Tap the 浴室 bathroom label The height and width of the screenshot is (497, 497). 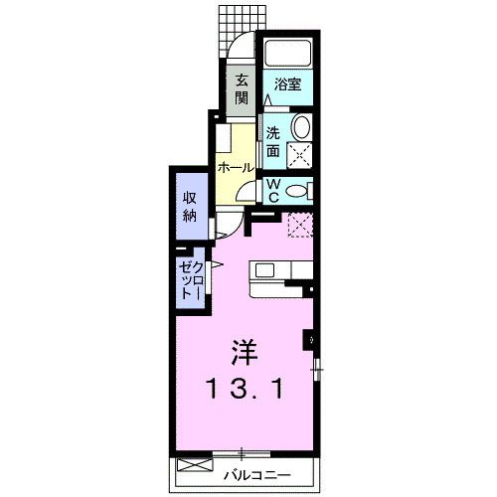click(x=288, y=85)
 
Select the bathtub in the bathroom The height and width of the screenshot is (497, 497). click(x=287, y=54)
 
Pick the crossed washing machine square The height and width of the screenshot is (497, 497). click(x=299, y=156)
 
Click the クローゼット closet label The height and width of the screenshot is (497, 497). click(x=190, y=281)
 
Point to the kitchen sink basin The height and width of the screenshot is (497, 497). click(x=265, y=269)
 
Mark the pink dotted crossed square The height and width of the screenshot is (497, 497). click(x=299, y=227)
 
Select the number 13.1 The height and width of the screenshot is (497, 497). click(x=244, y=388)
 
